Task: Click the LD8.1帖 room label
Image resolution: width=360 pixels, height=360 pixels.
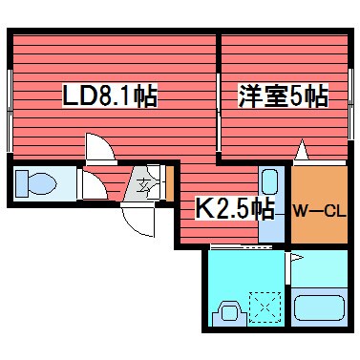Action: [109, 95]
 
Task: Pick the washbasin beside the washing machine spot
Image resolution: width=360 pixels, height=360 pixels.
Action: [229, 310]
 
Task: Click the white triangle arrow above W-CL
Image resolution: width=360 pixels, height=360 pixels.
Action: [302, 151]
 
